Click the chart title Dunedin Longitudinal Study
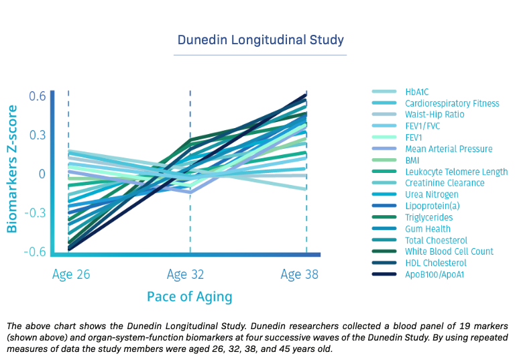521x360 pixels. coord(260,40)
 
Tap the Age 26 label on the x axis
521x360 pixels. coord(71,275)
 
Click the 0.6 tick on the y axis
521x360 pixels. coord(37,97)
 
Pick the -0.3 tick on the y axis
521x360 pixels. coord(35,213)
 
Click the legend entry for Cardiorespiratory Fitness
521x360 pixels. coord(452,103)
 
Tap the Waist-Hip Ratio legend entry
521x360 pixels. coord(435,115)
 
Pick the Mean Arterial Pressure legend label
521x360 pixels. coord(449,149)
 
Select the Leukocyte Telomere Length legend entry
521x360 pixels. coord(456,172)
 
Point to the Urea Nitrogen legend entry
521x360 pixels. coord(432,194)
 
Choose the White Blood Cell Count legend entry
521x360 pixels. coord(449,251)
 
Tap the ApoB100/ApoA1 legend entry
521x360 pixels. coord(435,274)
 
